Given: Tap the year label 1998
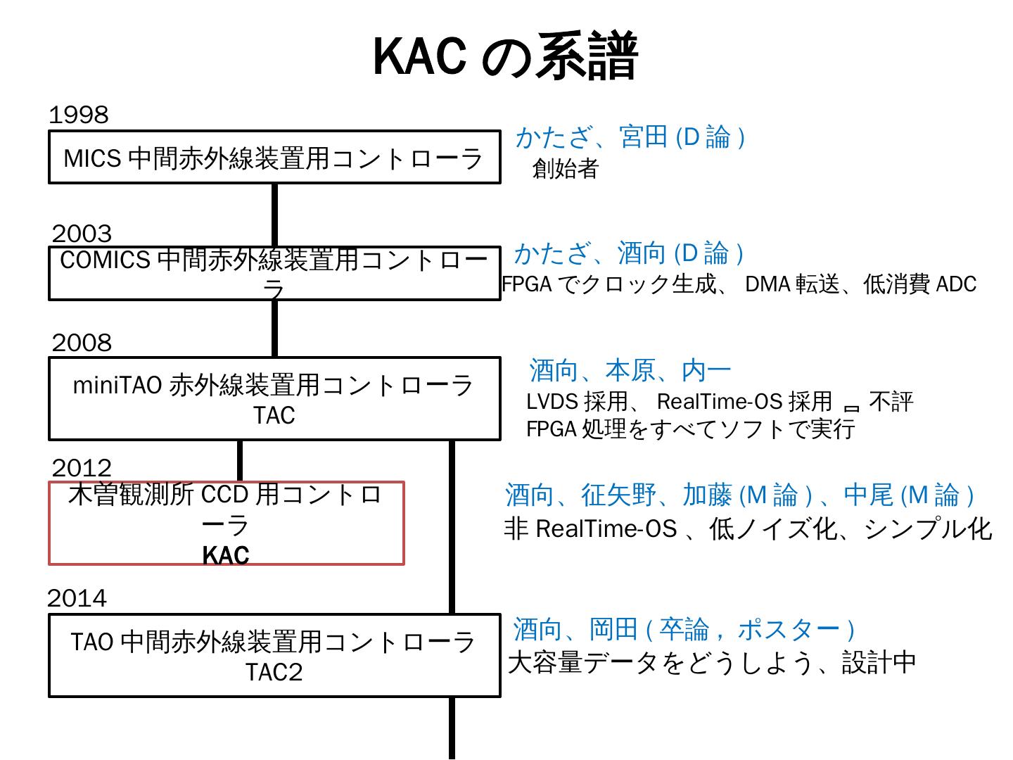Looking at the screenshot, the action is coord(79,115).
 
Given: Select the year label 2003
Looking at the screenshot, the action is coord(82,234).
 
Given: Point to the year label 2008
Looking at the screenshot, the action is coord(82,343).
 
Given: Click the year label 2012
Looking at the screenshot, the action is coord(82,468).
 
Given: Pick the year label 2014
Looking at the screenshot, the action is coord(77,598).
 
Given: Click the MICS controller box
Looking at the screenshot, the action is coord(274,158).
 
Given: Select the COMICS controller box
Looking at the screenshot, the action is coord(274,273).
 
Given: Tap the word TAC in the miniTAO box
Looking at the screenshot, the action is coord(274,415).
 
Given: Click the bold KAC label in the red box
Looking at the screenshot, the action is coord(226,555).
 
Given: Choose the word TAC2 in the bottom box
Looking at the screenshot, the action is coord(274,672).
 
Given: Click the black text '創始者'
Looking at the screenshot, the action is coord(565,168).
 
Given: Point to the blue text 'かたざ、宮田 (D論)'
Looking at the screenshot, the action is coord(630,137).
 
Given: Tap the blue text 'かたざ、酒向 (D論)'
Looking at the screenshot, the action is coord(629,253).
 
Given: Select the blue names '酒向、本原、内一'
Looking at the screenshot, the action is coord(630,370).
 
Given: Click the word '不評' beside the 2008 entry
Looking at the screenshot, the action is coord(891,401).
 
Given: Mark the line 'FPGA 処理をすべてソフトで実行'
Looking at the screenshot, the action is coord(691,428).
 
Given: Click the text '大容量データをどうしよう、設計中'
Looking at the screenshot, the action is coord(711,662).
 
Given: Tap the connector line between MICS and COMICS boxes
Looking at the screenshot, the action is coord(274,215).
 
